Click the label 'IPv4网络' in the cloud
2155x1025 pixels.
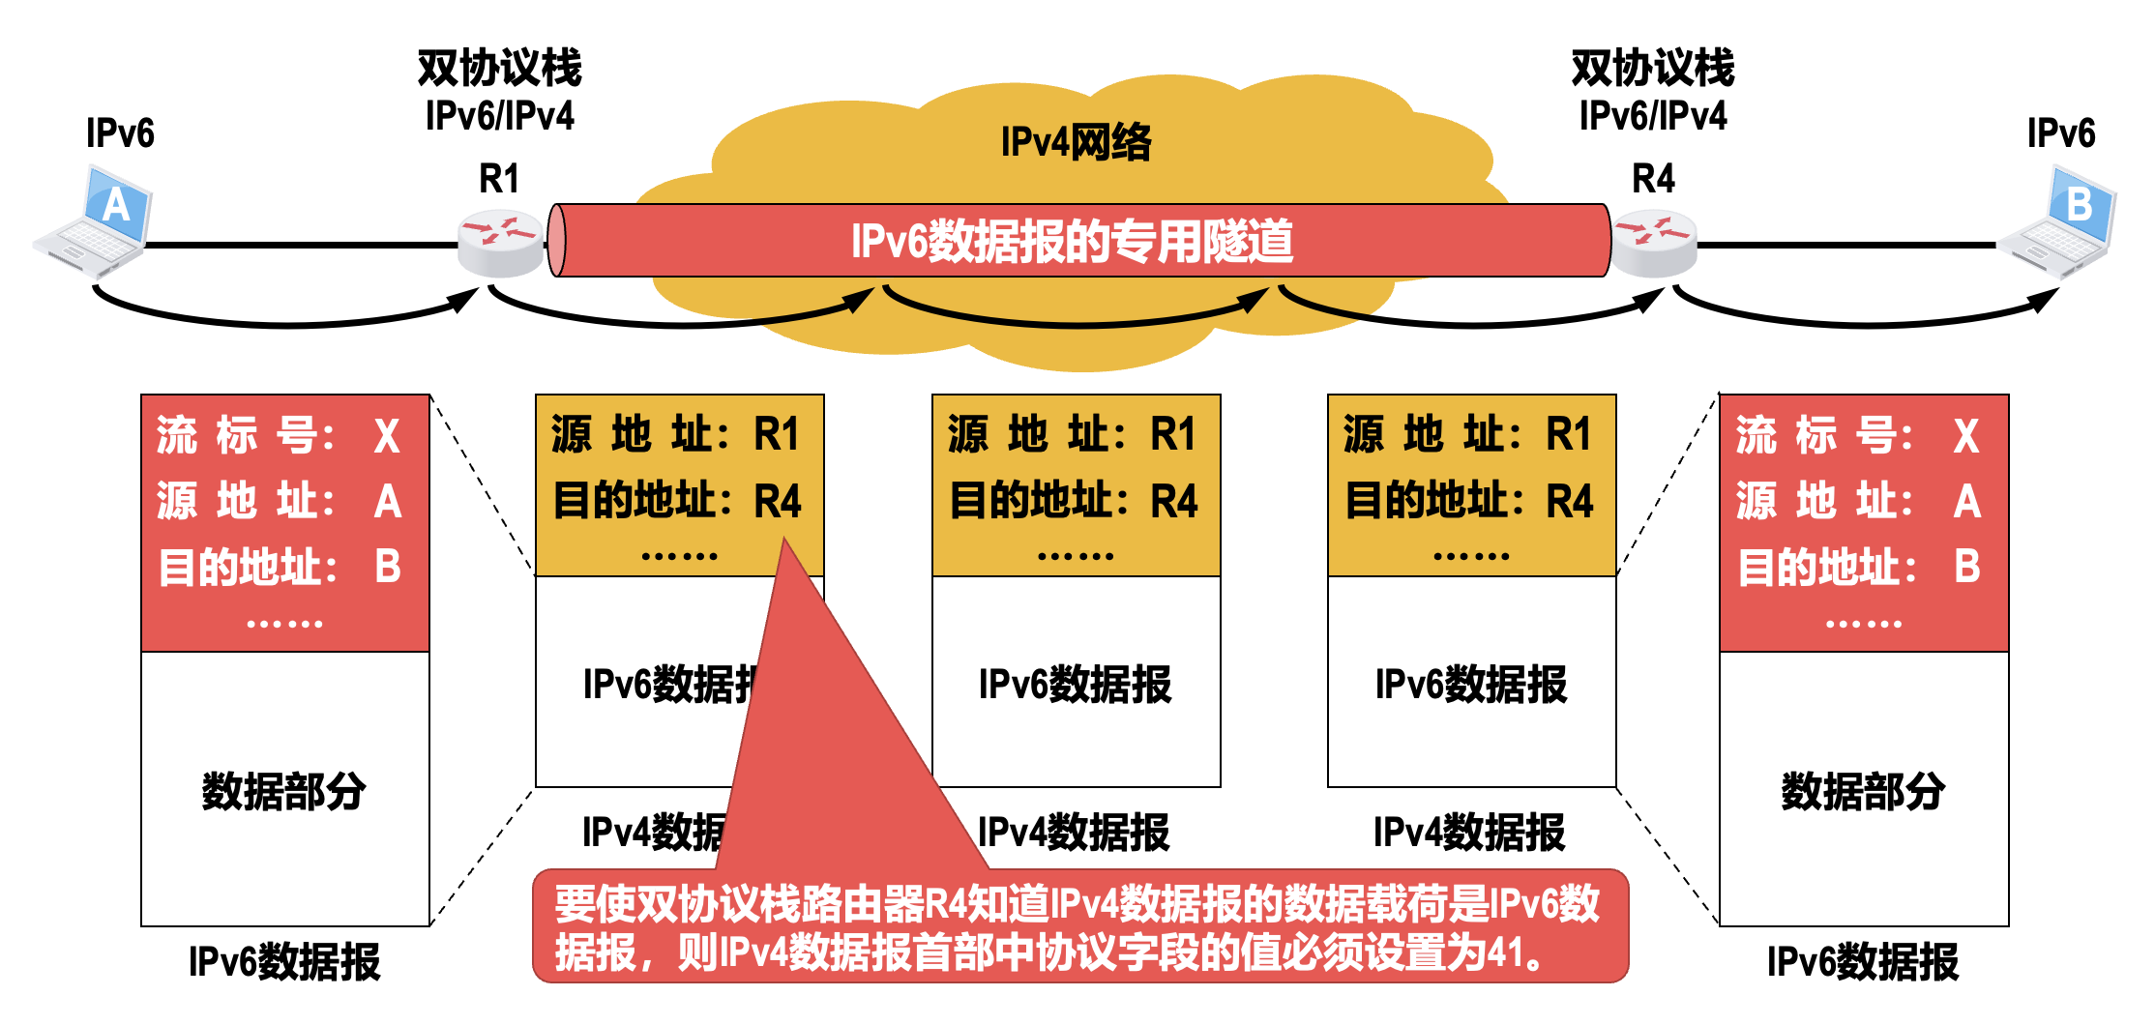pos(1076,142)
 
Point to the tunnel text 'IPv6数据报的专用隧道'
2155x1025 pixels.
pos(1072,241)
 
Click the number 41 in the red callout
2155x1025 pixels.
pos(1505,952)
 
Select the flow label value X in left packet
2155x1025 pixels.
pos(387,436)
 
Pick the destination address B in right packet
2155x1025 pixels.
pos(1966,567)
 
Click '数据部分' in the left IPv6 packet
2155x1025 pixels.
pos(283,791)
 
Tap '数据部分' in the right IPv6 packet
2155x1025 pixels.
pos(1863,791)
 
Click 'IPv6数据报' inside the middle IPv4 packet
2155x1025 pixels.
pos(1075,685)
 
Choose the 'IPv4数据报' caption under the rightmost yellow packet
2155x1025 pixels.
pos(1469,832)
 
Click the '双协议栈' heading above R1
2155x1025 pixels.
pos(499,68)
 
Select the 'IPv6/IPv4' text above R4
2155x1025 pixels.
pos(1653,116)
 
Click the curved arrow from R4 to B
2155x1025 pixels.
pos(1867,320)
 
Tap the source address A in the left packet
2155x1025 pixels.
pos(388,502)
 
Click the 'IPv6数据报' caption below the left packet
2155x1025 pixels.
pos(284,962)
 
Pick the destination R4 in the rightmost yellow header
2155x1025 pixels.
pos(1570,502)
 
